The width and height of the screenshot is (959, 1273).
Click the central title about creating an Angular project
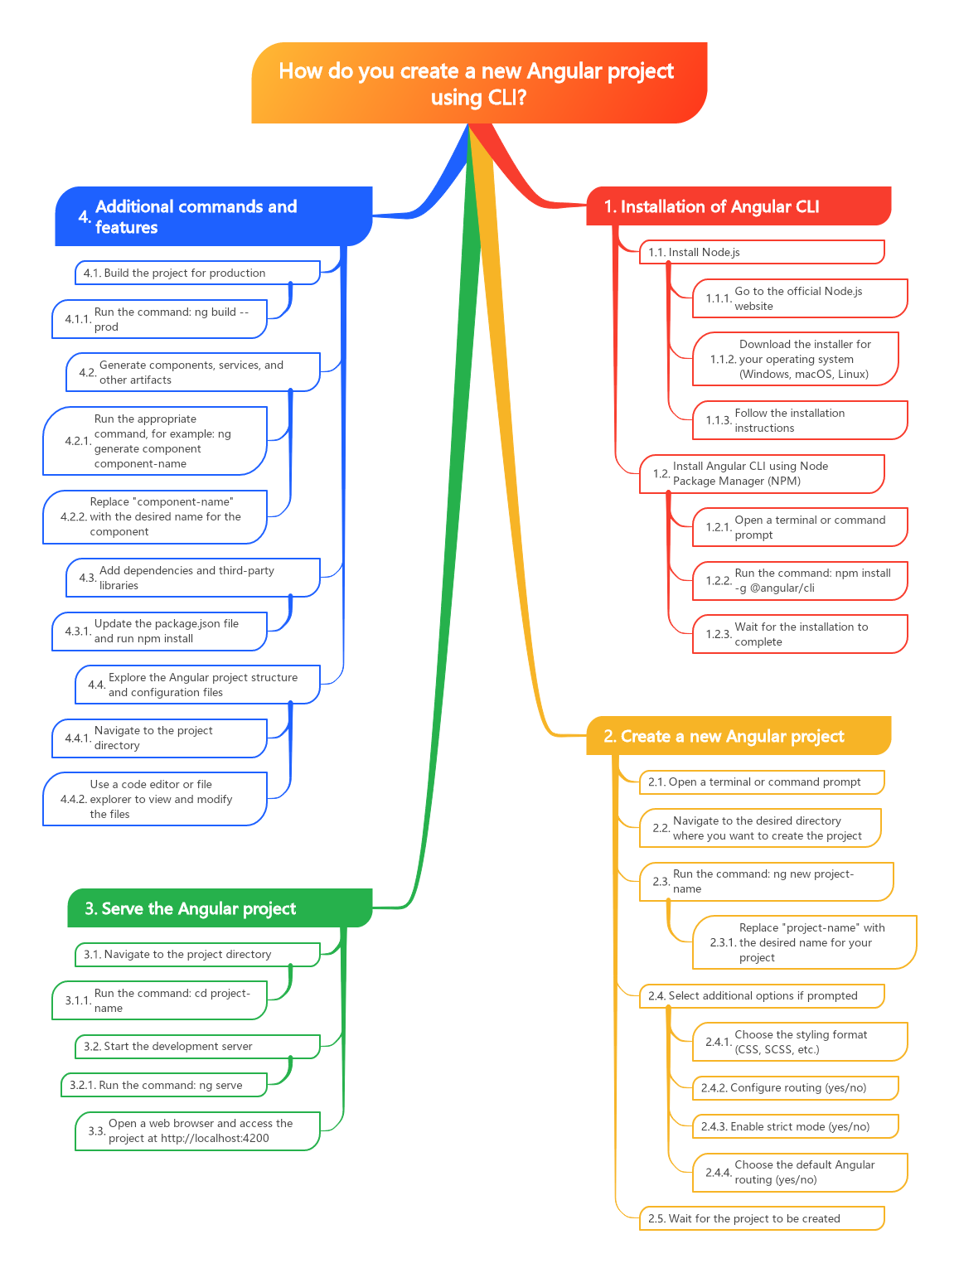479,83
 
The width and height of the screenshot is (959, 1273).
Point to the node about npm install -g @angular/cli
800,580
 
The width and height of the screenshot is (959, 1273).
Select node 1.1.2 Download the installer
796,359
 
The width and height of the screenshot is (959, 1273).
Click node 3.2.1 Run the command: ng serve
163,1085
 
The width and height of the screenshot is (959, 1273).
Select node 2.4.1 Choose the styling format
800,1042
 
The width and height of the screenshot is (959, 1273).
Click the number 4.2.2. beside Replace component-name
73,516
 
